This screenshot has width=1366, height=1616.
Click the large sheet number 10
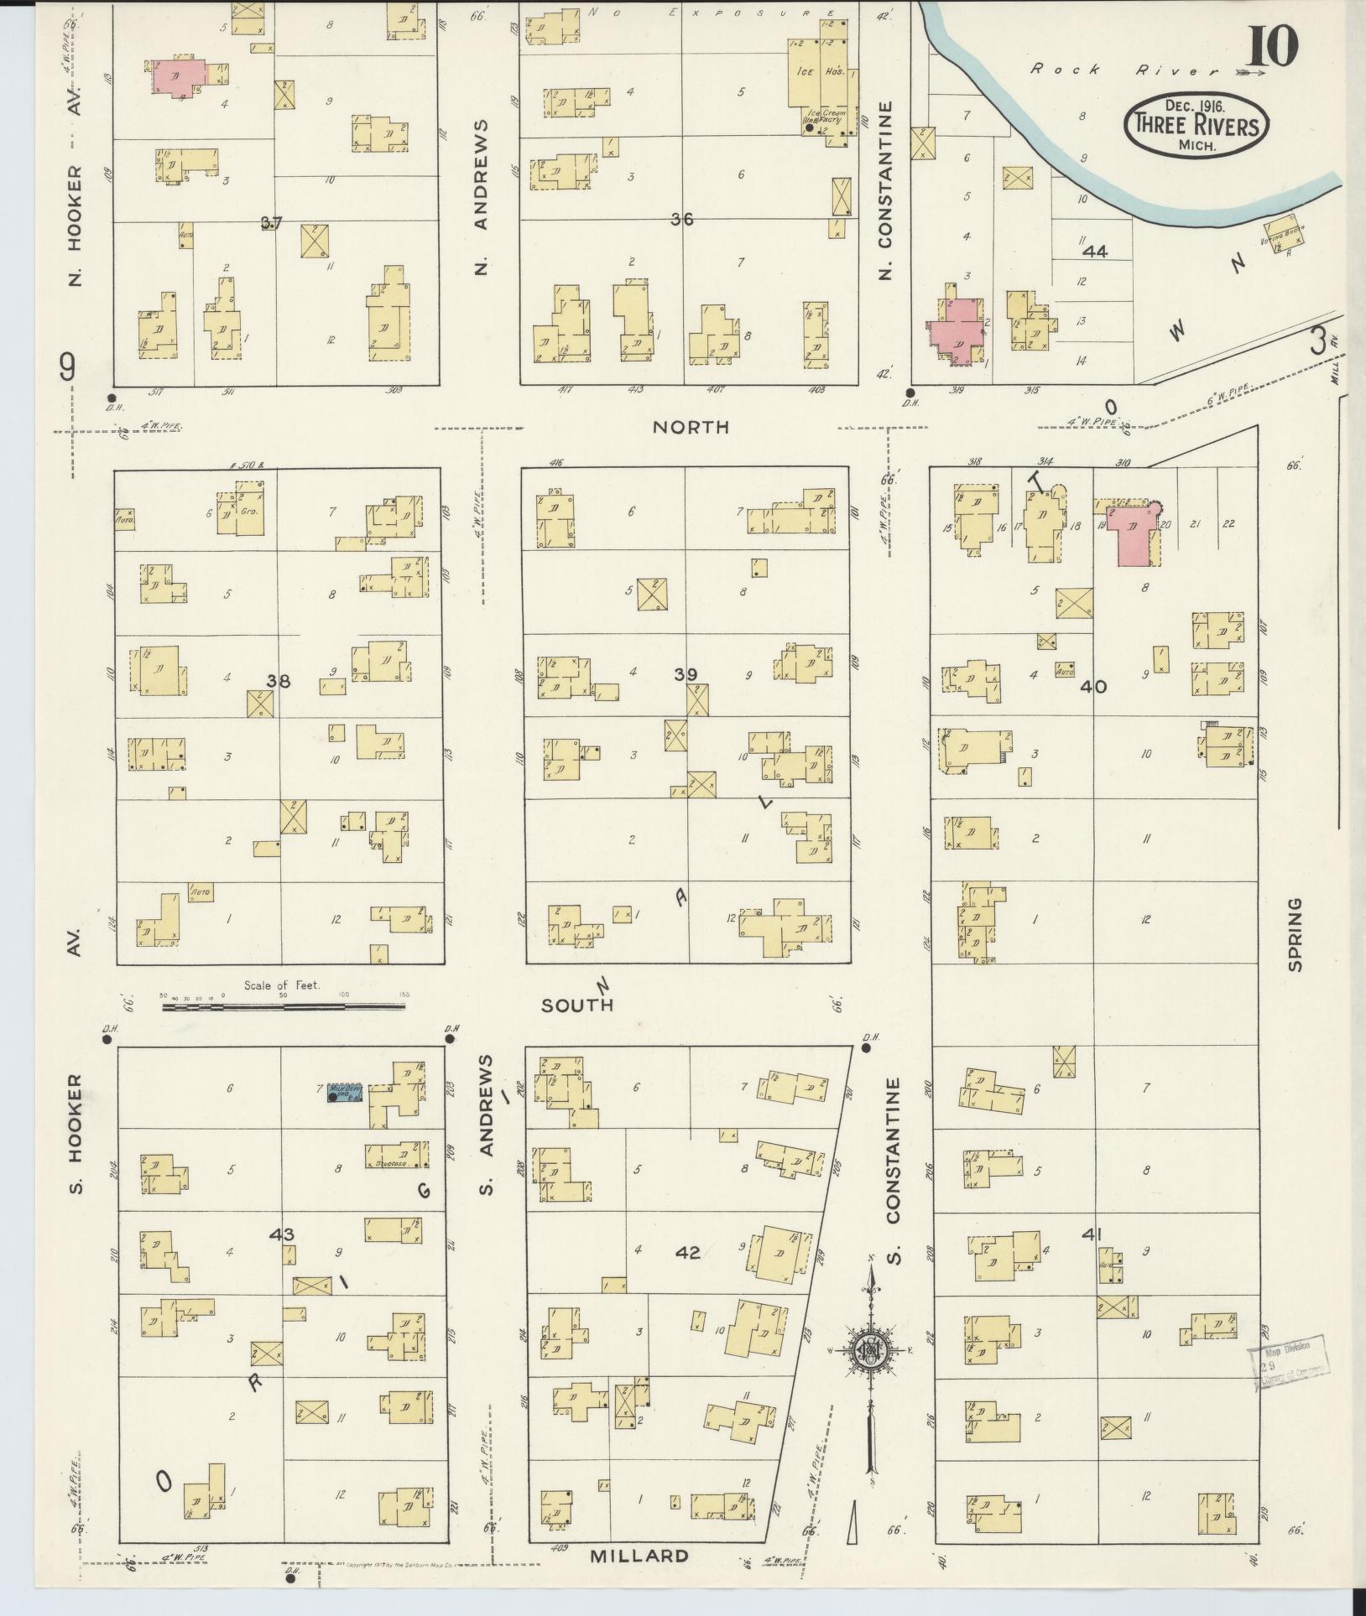coord(1272,47)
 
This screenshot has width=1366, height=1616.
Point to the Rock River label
coord(1112,70)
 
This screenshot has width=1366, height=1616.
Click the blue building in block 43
coord(344,1094)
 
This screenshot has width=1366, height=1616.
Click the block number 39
coord(686,674)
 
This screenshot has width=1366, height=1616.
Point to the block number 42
coord(687,1276)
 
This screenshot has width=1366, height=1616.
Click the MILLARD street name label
coord(639,1556)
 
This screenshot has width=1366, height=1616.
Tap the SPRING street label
coord(1296,935)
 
